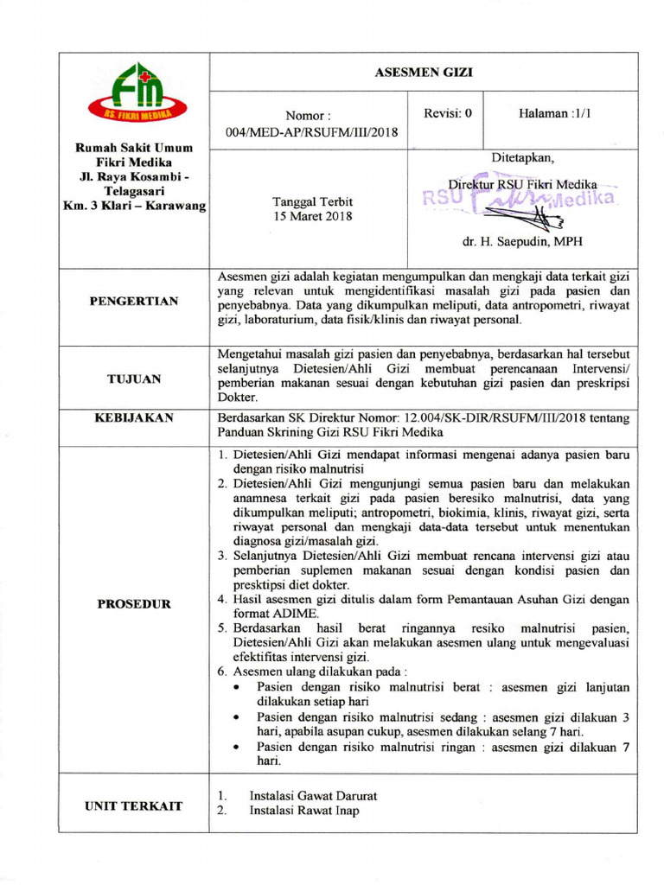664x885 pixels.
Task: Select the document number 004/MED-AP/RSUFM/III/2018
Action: click(312, 132)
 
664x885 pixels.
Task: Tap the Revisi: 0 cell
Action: click(447, 114)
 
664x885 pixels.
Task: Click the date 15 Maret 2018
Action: click(312, 217)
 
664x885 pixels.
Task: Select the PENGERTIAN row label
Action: click(134, 301)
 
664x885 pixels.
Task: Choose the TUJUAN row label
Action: click(134, 379)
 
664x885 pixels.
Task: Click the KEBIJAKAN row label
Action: click(134, 417)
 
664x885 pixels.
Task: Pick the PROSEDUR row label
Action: click(134, 603)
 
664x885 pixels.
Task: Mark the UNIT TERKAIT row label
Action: click(134, 805)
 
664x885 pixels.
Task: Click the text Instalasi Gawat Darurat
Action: click(313, 795)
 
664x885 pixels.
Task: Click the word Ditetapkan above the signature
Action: click(522, 158)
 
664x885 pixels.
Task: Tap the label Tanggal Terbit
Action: click(312, 201)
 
